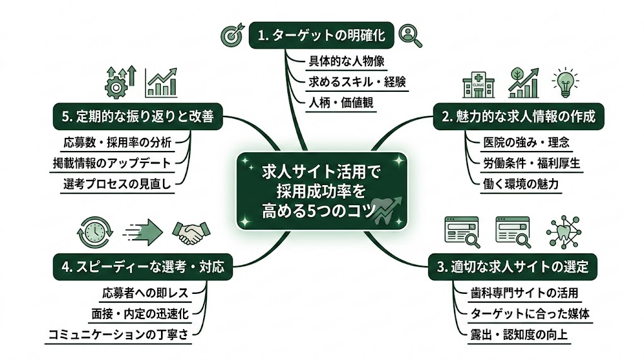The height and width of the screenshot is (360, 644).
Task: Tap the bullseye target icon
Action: click(231, 37)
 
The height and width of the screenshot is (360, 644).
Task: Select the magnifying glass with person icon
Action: click(410, 36)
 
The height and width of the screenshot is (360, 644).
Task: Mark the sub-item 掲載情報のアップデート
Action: click(111, 162)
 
